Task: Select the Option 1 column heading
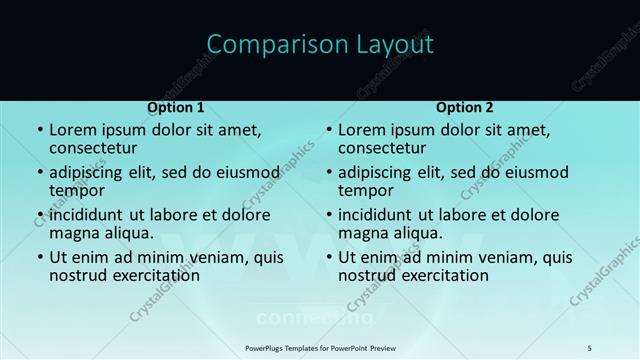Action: [176, 107]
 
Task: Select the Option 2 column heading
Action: [465, 107]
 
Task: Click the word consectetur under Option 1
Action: [96, 148]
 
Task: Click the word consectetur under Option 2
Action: [385, 148]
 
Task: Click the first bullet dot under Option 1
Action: [39, 130]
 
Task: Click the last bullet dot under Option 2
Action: [328, 257]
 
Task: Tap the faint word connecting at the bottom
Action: [315, 319]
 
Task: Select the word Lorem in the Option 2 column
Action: [361, 130]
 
